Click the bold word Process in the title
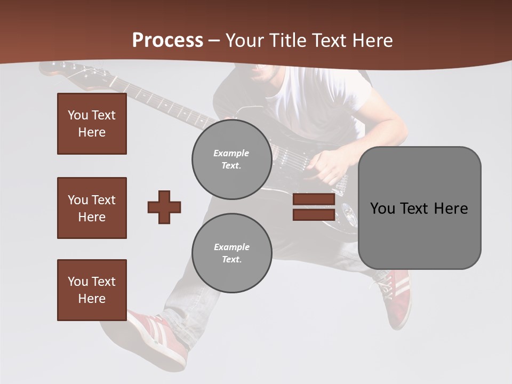(167, 40)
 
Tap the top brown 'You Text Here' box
(92, 124)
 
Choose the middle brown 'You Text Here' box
(92, 208)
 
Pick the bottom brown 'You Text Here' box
(92, 290)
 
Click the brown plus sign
(164, 207)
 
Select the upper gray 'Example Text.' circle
(231, 159)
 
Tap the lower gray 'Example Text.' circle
(231, 253)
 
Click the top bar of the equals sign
(314, 199)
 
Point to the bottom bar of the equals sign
(314, 214)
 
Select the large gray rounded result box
(419, 208)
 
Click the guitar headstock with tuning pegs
(64, 69)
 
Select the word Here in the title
(371, 40)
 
